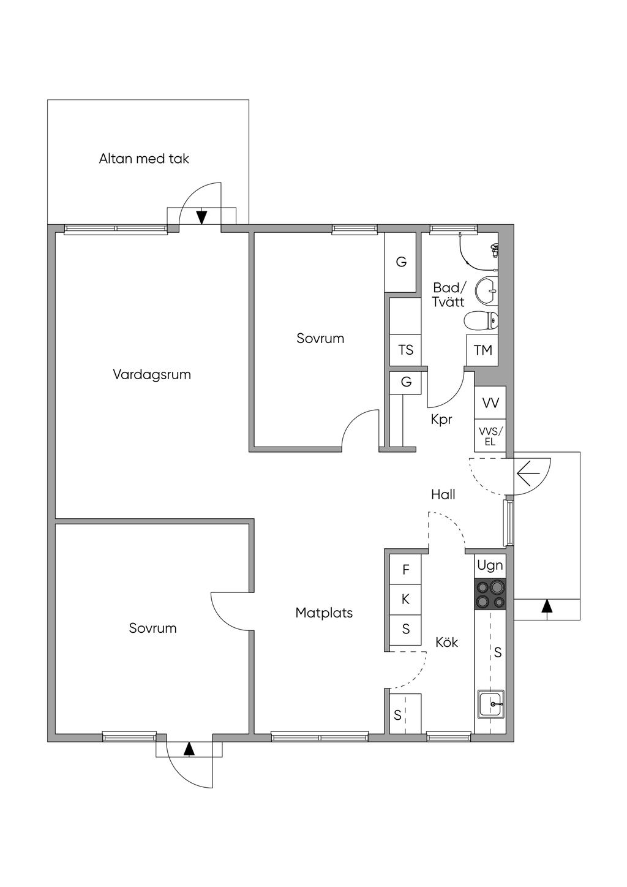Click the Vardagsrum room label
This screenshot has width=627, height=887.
(152, 375)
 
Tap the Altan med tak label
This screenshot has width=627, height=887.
(144, 159)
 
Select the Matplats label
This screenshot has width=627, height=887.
(324, 613)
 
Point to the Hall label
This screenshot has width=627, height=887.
(443, 494)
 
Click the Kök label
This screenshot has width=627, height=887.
(446, 643)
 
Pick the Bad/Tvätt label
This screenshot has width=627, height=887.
(448, 295)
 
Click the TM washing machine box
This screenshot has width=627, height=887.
(482, 350)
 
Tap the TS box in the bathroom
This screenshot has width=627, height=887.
(405, 350)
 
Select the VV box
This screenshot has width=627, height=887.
(490, 402)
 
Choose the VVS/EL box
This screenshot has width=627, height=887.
(490, 436)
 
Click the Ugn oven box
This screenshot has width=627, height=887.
(490, 565)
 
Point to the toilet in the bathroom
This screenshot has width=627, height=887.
(481, 320)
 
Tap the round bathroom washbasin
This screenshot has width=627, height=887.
(487, 291)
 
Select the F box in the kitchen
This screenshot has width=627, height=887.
(405, 570)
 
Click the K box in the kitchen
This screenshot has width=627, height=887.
(405, 600)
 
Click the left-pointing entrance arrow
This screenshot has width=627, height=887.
(528, 473)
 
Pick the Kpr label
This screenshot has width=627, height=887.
(441, 420)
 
